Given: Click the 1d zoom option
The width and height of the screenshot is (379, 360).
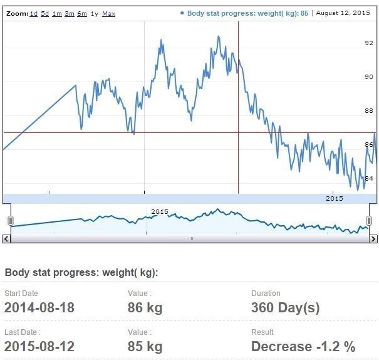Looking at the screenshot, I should click(34, 13).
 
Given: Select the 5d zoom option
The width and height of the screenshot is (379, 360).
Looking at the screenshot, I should click(45, 13).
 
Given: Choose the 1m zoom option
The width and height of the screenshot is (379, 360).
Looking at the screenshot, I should click(57, 13).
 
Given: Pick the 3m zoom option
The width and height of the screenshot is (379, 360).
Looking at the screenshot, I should click(70, 13).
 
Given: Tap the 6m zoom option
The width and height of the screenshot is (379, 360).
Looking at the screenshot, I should click(82, 13).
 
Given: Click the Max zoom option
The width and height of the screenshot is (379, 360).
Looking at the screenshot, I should click(108, 13).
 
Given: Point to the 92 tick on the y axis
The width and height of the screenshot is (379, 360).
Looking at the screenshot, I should click(369, 43).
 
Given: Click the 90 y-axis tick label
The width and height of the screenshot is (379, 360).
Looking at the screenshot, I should click(369, 77).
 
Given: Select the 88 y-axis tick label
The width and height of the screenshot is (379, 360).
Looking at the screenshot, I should click(369, 111).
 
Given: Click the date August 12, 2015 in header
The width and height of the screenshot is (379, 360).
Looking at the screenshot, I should click(343, 13).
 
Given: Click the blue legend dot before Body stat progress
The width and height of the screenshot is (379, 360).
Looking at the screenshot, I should click(182, 13).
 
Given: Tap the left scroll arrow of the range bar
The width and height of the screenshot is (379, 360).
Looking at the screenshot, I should click(6, 239).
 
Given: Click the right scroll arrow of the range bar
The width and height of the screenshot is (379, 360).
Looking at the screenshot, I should click(373, 239).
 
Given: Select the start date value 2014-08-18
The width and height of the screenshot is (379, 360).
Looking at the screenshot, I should click(39, 307).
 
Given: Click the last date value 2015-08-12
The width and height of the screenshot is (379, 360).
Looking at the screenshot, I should click(39, 346).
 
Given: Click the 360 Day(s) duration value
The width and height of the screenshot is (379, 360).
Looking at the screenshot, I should click(285, 307).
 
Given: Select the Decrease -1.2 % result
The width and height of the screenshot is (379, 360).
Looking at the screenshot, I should click(303, 346).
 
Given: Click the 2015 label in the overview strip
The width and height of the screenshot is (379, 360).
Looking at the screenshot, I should click(160, 211).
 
